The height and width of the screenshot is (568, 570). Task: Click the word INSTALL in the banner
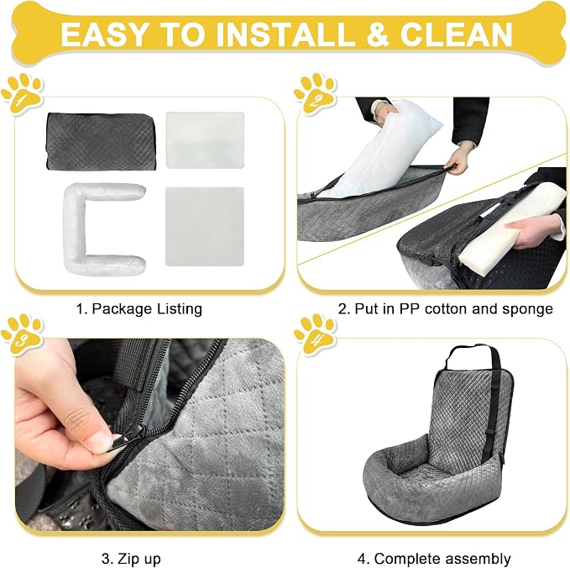click(x=285, y=34)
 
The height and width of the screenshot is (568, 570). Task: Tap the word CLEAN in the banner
click(x=456, y=34)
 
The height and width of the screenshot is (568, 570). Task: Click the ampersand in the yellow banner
click(x=377, y=34)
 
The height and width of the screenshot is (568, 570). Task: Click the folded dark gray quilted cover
click(x=102, y=141)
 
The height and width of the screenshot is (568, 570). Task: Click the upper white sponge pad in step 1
click(x=205, y=139)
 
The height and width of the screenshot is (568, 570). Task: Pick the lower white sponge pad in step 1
click(x=205, y=226)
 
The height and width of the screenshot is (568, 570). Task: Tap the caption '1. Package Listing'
click(x=139, y=309)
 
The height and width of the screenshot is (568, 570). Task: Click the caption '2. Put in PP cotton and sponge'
click(x=446, y=309)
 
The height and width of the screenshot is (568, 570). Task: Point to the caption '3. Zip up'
click(x=131, y=559)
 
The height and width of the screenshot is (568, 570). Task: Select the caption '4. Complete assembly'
click(x=434, y=559)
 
